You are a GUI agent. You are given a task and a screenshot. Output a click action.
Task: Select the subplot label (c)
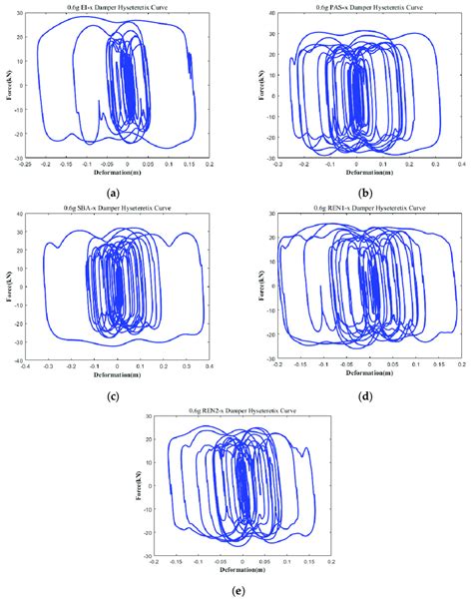click(x=119, y=396)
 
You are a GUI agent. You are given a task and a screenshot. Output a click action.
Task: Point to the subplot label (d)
click(x=355, y=396)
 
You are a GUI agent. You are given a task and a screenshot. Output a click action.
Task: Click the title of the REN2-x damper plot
click(x=244, y=410)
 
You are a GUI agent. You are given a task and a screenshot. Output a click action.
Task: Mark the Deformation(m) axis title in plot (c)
click(x=117, y=378)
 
